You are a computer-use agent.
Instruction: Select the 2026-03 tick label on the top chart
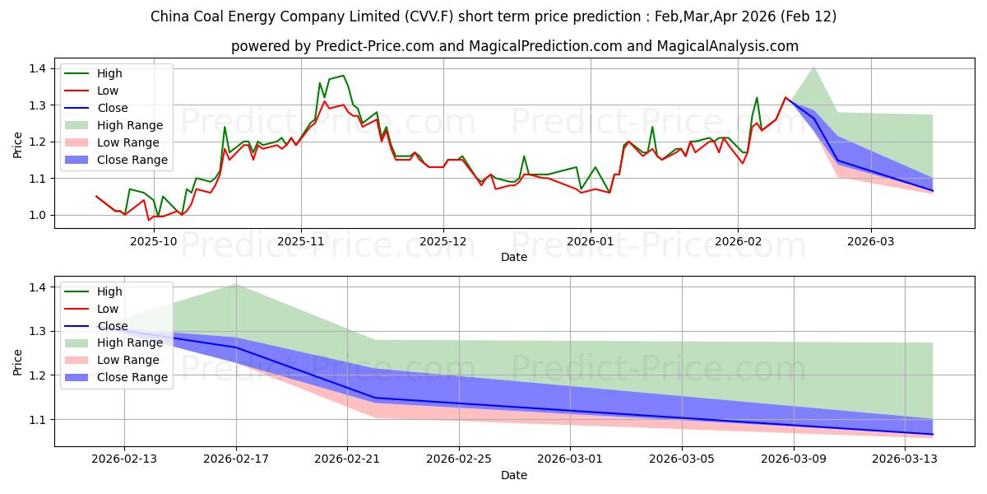[871, 241]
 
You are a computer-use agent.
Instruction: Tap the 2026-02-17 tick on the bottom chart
[236, 460]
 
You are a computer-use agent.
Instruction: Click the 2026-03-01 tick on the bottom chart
[570, 460]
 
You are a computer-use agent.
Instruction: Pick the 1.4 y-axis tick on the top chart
[38, 68]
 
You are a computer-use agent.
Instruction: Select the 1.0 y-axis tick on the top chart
[38, 215]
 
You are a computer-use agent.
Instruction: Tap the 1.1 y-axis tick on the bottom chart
[38, 420]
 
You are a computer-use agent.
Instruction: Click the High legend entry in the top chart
[109, 73]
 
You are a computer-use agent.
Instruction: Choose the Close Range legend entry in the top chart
[132, 160]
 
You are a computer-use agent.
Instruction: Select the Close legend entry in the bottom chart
[113, 326]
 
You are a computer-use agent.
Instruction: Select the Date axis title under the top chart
[514, 257]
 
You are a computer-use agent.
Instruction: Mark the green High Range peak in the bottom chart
[236, 284]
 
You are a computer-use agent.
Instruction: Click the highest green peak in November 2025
[343, 75]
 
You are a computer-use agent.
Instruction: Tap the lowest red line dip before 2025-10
[149, 220]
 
